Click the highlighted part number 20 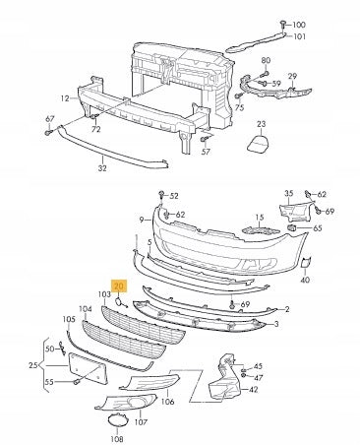(119, 286)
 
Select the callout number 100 (299, 25)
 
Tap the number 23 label (262, 124)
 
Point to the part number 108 (117, 439)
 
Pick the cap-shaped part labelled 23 (259, 144)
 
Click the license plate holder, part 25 (88, 368)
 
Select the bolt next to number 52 (161, 194)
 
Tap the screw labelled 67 (48, 133)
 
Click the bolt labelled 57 (204, 140)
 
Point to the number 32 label (102, 168)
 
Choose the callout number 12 (65, 98)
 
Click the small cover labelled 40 (306, 262)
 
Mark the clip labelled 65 (291, 227)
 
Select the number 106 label (168, 402)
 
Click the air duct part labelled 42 (225, 377)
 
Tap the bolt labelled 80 (266, 73)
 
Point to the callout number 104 (86, 309)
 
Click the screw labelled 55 (76, 382)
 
